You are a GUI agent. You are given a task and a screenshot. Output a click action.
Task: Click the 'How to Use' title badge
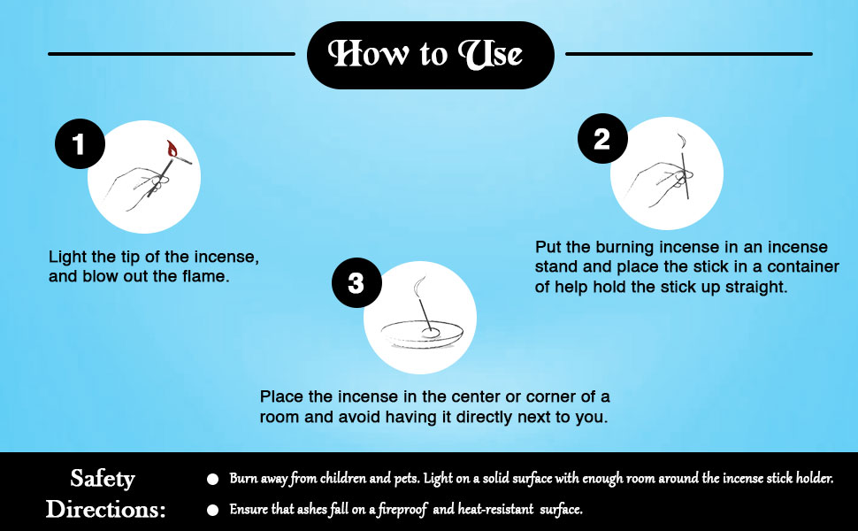431,55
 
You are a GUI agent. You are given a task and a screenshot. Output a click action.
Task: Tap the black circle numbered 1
80,144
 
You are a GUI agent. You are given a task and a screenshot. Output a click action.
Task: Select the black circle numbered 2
602,138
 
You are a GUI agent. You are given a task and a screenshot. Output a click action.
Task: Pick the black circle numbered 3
356,282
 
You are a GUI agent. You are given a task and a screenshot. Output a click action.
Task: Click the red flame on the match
172,149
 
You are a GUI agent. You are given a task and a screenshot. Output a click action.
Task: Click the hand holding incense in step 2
659,183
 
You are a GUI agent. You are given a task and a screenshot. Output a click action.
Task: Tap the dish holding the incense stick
422,334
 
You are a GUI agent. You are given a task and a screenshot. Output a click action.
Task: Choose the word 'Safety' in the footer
103,479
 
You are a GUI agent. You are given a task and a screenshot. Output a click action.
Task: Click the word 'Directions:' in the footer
105,509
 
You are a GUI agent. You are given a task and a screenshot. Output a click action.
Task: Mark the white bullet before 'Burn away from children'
213,480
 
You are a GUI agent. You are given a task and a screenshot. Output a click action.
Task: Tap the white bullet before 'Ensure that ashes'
213,510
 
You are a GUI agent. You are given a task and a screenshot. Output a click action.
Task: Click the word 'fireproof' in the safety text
402,510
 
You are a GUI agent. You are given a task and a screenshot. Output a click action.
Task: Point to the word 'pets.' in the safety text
407,479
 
